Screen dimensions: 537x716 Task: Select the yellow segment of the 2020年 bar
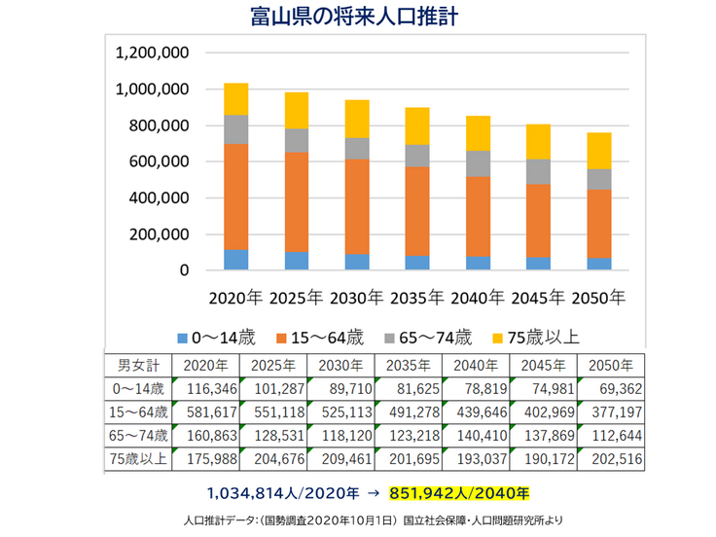pos(236,99)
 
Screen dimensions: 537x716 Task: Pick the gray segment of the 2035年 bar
pos(416,156)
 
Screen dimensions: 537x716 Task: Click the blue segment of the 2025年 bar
pos(297,261)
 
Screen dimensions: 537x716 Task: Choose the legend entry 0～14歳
pos(218,338)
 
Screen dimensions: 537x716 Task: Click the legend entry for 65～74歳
pos(429,338)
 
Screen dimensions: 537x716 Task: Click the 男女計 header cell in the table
pos(136,366)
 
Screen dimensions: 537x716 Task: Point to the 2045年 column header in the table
pos(543,366)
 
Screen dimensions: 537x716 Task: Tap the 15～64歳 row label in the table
pos(136,412)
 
